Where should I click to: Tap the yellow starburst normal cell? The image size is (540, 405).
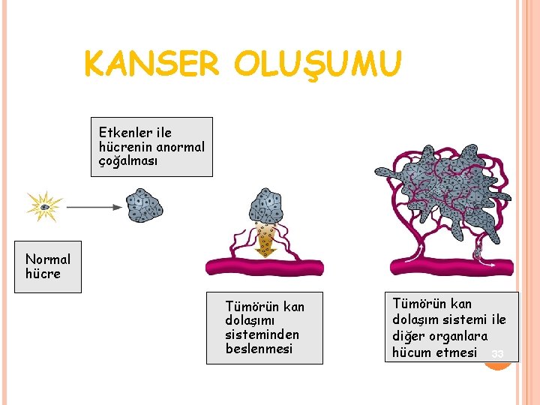[x=44, y=206]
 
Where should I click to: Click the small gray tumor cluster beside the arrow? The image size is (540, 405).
[x=143, y=205]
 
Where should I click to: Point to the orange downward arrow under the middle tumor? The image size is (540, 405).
[x=265, y=241]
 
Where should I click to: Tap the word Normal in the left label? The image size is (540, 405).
[x=48, y=259]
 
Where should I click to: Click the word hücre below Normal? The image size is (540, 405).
[x=43, y=274]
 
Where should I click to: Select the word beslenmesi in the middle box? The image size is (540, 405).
[x=259, y=349]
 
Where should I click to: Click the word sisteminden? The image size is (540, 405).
[x=262, y=334]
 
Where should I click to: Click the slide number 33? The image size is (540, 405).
[x=497, y=353]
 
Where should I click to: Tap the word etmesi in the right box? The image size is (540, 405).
[x=456, y=352]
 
